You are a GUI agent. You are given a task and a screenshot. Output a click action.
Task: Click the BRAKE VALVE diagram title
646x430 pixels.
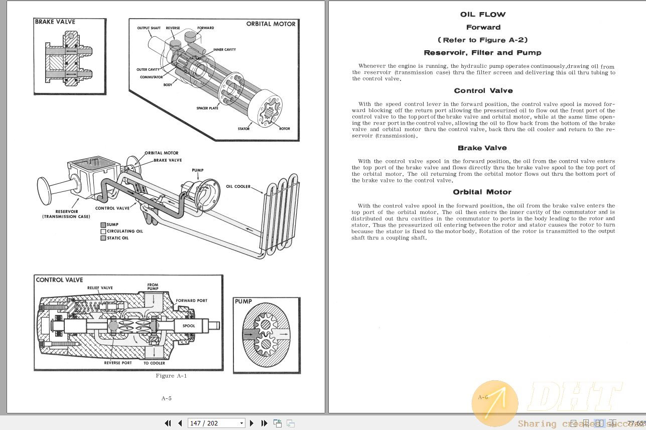(x=55, y=22)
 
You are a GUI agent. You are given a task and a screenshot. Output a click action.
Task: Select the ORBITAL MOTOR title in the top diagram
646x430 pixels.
(x=271, y=24)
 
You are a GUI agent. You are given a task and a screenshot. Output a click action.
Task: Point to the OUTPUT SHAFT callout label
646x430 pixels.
(x=149, y=28)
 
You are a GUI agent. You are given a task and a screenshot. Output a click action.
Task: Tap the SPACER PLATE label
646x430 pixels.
(x=207, y=108)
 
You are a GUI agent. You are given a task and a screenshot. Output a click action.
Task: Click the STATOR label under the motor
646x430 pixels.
(x=243, y=129)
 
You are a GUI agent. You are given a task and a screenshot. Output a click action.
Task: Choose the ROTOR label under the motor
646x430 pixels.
(x=285, y=129)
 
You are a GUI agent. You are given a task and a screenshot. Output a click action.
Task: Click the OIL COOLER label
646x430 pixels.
(x=238, y=186)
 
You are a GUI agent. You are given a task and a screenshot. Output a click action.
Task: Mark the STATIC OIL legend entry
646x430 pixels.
(x=117, y=238)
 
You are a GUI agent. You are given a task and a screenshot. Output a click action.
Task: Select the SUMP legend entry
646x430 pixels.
(x=112, y=225)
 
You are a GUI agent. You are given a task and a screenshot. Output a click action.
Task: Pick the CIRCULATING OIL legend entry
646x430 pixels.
(x=124, y=232)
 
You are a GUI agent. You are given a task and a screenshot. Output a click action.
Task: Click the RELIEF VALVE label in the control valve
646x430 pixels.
(x=100, y=288)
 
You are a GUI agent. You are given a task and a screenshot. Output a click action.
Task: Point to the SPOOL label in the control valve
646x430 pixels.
(x=189, y=326)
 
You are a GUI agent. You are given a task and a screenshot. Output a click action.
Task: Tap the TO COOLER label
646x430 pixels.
(x=154, y=363)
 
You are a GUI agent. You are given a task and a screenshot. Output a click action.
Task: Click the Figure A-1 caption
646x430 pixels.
(x=171, y=376)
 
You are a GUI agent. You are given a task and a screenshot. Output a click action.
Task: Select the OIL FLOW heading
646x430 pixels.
(x=483, y=15)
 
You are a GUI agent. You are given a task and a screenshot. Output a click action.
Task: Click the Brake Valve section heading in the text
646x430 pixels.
(x=482, y=148)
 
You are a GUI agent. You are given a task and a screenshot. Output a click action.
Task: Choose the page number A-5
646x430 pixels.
(x=167, y=398)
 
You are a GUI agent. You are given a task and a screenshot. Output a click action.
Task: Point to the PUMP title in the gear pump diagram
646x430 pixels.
(x=243, y=301)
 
